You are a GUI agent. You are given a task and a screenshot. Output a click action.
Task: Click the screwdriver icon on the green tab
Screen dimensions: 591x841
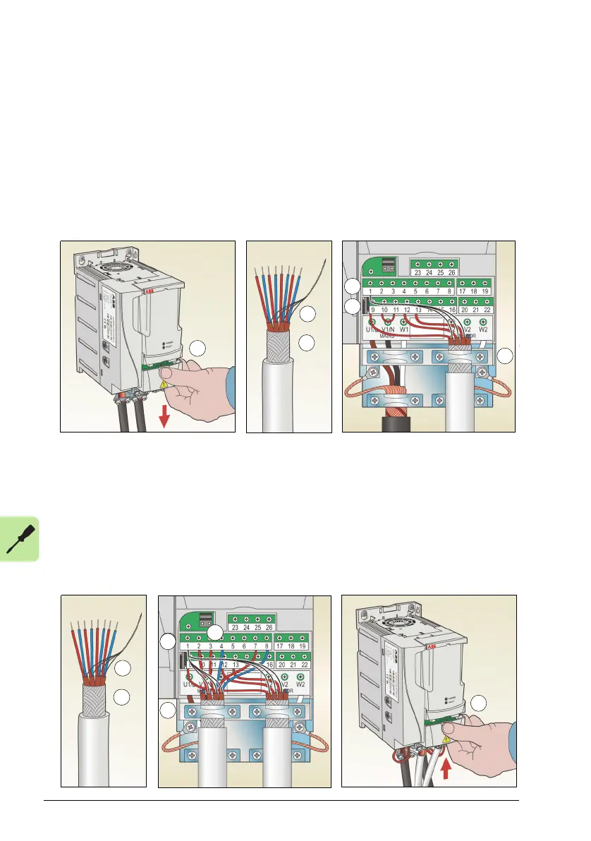(x=18, y=540)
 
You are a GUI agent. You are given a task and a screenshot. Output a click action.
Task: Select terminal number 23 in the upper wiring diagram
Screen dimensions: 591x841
(x=418, y=272)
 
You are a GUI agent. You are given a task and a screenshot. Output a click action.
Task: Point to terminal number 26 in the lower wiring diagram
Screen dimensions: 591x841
(x=269, y=626)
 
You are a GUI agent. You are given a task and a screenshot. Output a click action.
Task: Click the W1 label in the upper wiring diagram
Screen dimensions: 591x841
(x=404, y=329)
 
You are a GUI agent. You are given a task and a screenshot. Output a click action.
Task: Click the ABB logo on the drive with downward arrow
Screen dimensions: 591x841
(x=149, y=291)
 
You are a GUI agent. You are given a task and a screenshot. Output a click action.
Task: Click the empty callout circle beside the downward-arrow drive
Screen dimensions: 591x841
(x=200, y=349)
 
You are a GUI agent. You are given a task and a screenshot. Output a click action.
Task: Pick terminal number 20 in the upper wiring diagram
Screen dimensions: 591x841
(x=464, y=310)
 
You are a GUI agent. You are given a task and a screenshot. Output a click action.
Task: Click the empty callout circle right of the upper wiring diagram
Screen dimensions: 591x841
(x=506, y=356)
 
